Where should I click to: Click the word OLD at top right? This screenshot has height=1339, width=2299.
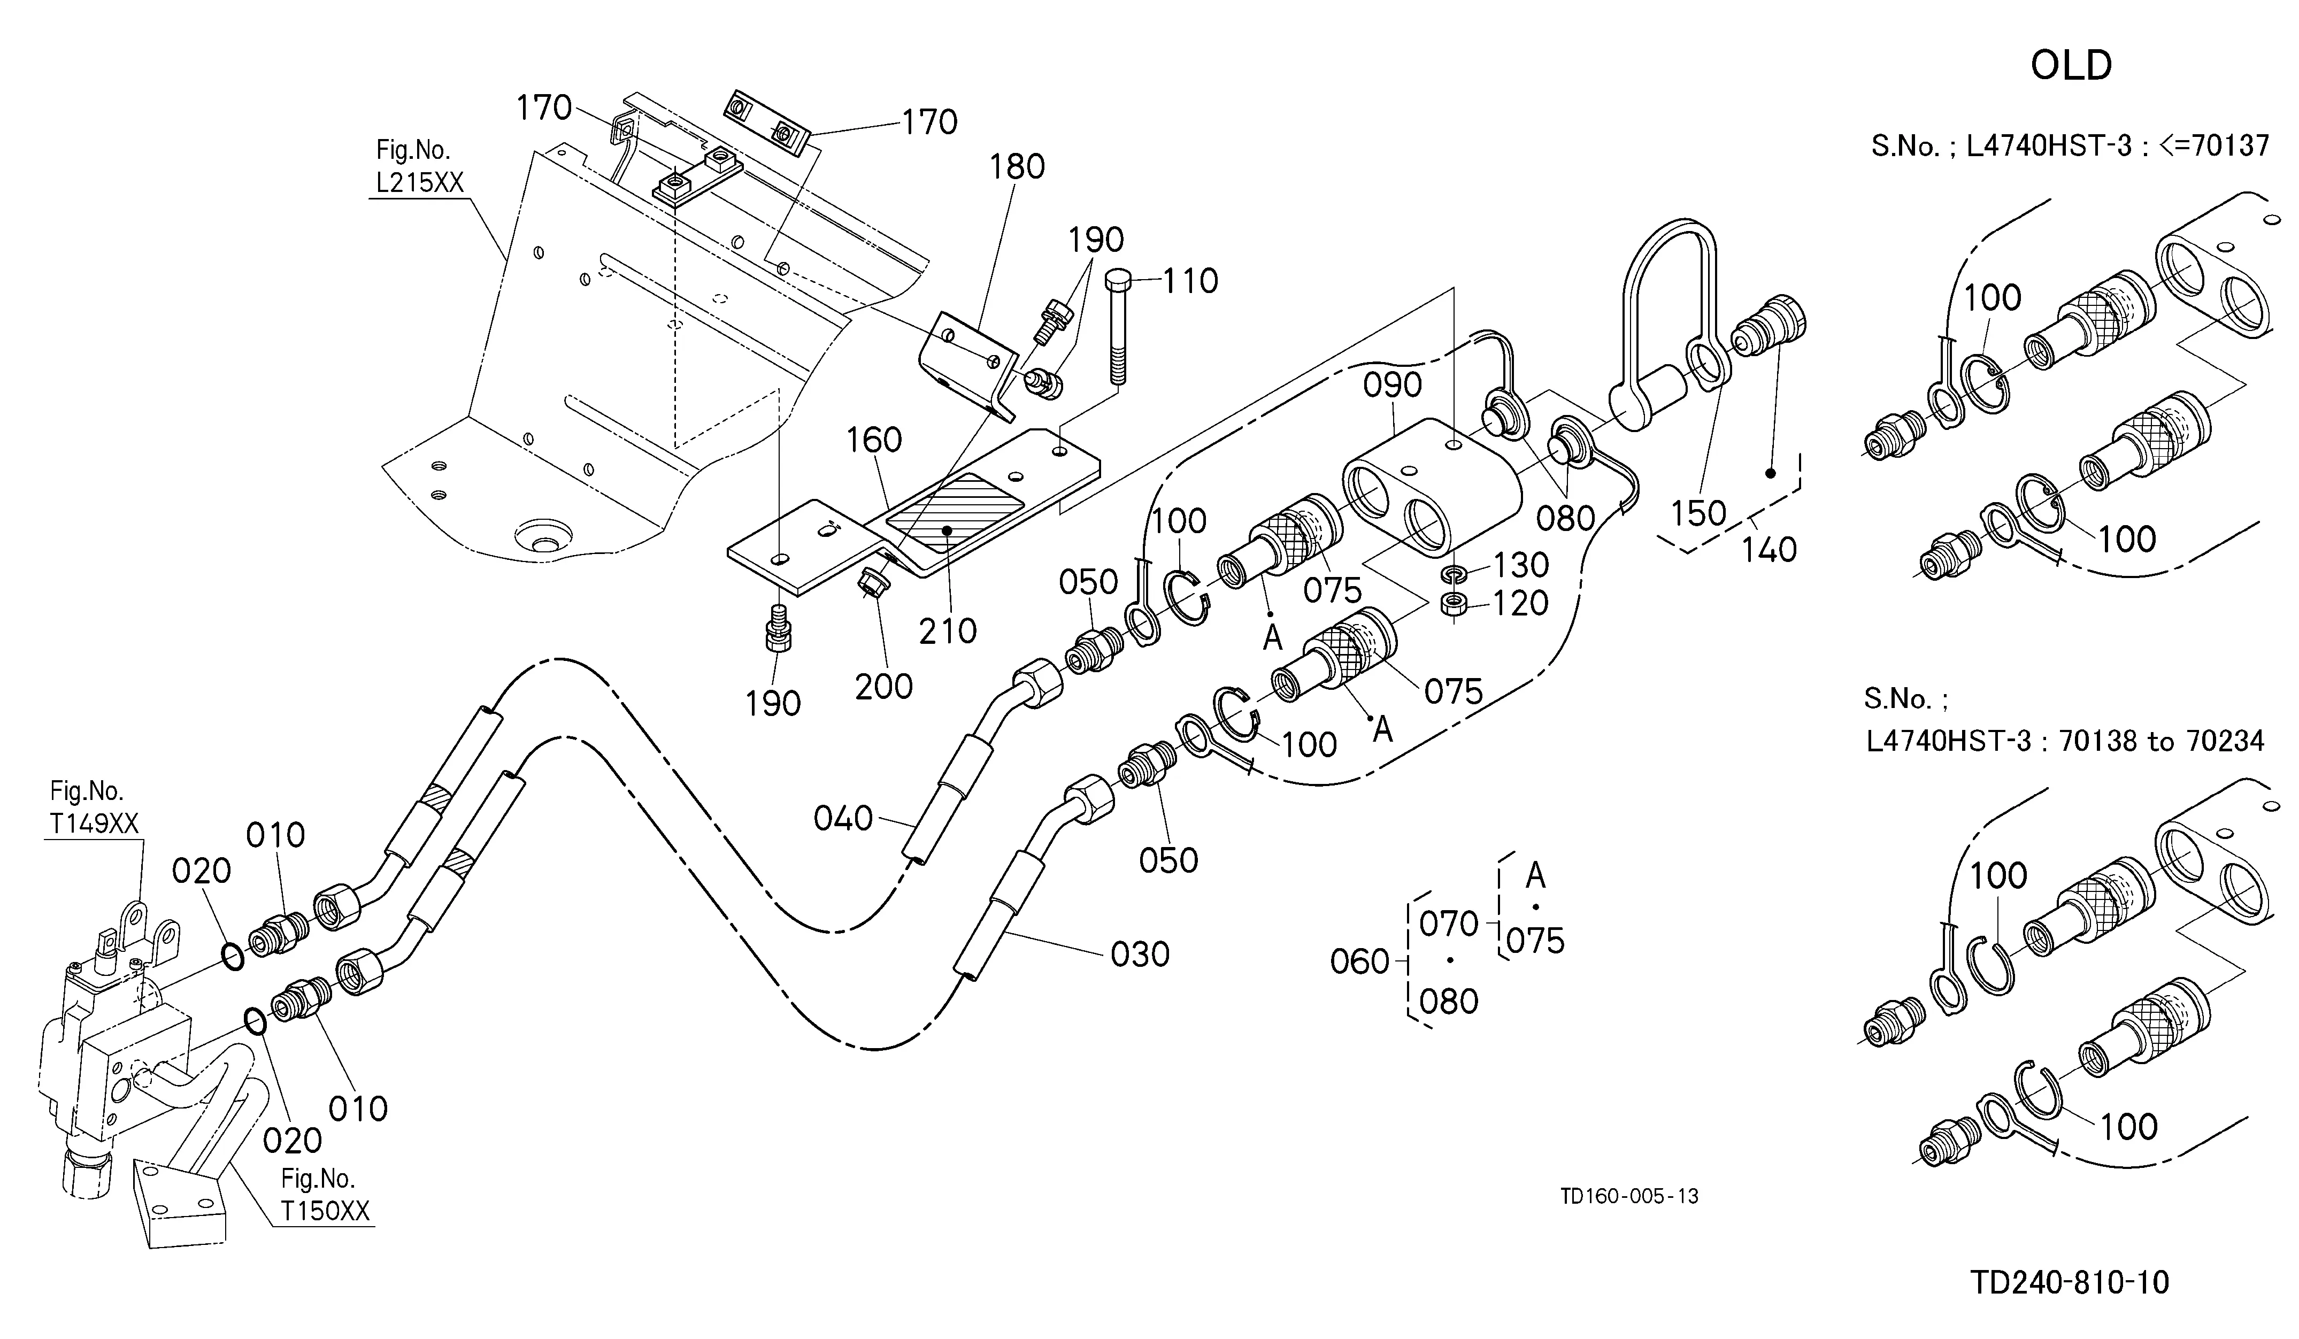[x=2071, y=66]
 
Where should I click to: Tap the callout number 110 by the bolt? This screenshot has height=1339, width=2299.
[x=1190, y=281]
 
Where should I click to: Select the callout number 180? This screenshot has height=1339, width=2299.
[x=1017, y=167]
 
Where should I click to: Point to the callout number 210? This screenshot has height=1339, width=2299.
[x=948, y=630]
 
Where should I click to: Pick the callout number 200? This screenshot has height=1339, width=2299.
[x=884, y=686]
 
